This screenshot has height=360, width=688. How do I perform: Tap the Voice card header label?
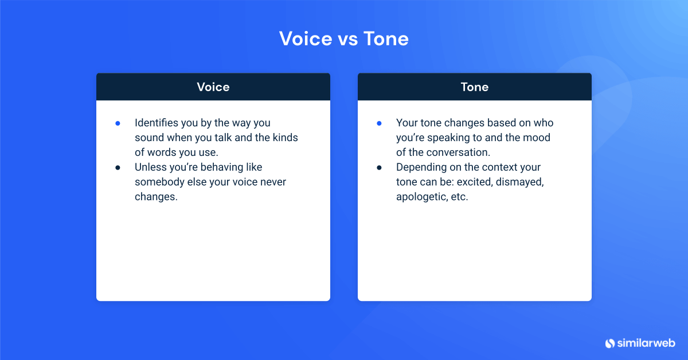[x=213, y=87]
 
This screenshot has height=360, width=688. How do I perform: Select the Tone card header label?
[x=475, y=87]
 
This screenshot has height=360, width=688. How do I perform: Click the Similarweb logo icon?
[x=609, y=343]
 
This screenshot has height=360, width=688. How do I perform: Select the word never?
[x=272, y=182]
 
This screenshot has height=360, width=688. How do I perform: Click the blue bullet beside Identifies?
[x=118, y=123]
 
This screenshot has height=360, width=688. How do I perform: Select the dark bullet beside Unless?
[x=118, y=167]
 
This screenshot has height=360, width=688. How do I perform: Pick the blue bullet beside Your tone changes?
[x=379, y=123]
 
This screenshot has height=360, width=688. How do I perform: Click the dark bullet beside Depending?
[x=379, y=167]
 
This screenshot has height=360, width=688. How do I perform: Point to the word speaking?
[x=448, y=138]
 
